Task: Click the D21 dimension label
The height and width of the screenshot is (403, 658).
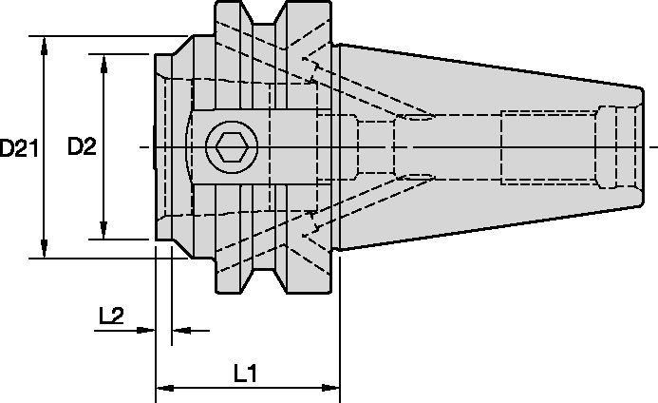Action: point(19,147)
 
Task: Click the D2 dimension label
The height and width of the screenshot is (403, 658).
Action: point(83,146)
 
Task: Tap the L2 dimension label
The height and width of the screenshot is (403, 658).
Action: point(111,316)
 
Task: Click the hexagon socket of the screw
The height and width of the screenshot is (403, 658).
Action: point(228,147)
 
